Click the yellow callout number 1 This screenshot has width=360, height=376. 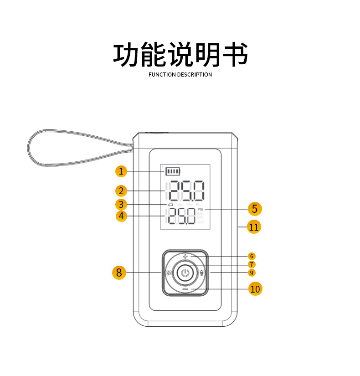(x=121, y=171)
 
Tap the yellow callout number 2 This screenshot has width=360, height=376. (x=121, y=191)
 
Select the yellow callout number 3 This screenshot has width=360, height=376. (x=121, y=204)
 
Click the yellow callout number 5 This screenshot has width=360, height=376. (x=255, y=209)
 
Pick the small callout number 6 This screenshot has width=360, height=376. (x=252, y=256)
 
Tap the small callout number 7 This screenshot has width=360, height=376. (x=252, y=264)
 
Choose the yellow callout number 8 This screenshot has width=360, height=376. (x=119, y=273)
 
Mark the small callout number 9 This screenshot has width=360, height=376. (x=252, y=273)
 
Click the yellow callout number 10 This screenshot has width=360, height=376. (x=255, y=288)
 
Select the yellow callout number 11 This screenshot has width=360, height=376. (x=254, y=227)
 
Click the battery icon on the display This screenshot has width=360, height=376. (x=173, y=171)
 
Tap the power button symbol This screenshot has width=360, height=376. (x=185, y=273)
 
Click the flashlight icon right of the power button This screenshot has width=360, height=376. (x=202, y=273)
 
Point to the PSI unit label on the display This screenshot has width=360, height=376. (x=201, y=209)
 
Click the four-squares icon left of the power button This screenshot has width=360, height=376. (x=169, y=273)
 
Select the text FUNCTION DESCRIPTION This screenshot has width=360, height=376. (x=180, y=75)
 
